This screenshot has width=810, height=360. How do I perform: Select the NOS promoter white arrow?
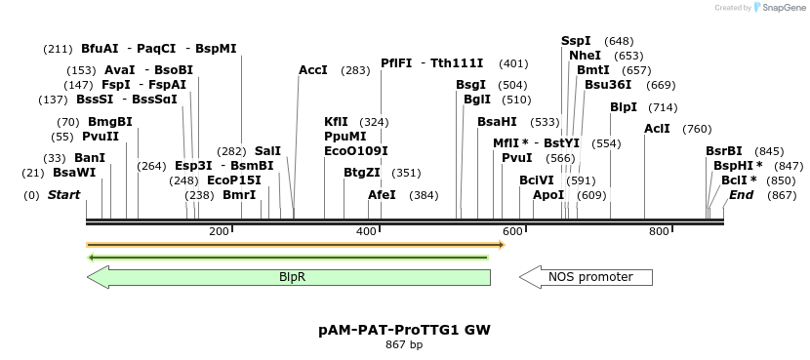pyautogui.click(x=587, y=277)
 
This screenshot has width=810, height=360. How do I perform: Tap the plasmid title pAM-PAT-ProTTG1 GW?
pyautogui.click(x=404, y=330)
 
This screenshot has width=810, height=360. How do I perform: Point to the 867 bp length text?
pyautogui.click(x=404, y=344)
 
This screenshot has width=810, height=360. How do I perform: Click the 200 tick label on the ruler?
pyautogui.click(x=219, y=231)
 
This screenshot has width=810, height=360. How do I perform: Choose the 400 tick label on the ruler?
pyautogui.click(x=366, y=231)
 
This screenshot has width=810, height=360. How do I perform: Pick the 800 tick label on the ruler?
pyautogui.click(x=659, y=231)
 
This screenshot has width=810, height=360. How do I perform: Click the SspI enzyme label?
pyautogui.click(x=576, y=41)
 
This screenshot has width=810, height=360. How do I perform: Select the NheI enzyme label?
pyautogui.click(x=579, y=56)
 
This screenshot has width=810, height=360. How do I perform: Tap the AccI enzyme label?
pyautogui.click(x=313, y=70)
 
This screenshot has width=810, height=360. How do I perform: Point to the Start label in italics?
pyautogui.click(x=63, y=195)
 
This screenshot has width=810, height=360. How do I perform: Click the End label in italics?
pyautogui.click(x=741, y=195)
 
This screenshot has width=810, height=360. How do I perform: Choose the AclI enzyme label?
pyautogui.click(x=657, y=129)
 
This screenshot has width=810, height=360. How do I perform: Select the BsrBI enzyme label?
pyautogui.click(x=724, y=151)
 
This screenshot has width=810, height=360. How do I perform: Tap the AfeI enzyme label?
pyautogui.click(x=382, y=195)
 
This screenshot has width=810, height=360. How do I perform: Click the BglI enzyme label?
pyautogui.click(x=477, y=100)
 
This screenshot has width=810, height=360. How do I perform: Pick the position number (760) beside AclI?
pyautogui.click(x=697, y=129)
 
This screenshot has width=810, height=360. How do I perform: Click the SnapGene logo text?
pyautogui.click(x=781, y=8)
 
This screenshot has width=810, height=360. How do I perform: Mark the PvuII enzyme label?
pyautogui.click(x=100, y=137)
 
